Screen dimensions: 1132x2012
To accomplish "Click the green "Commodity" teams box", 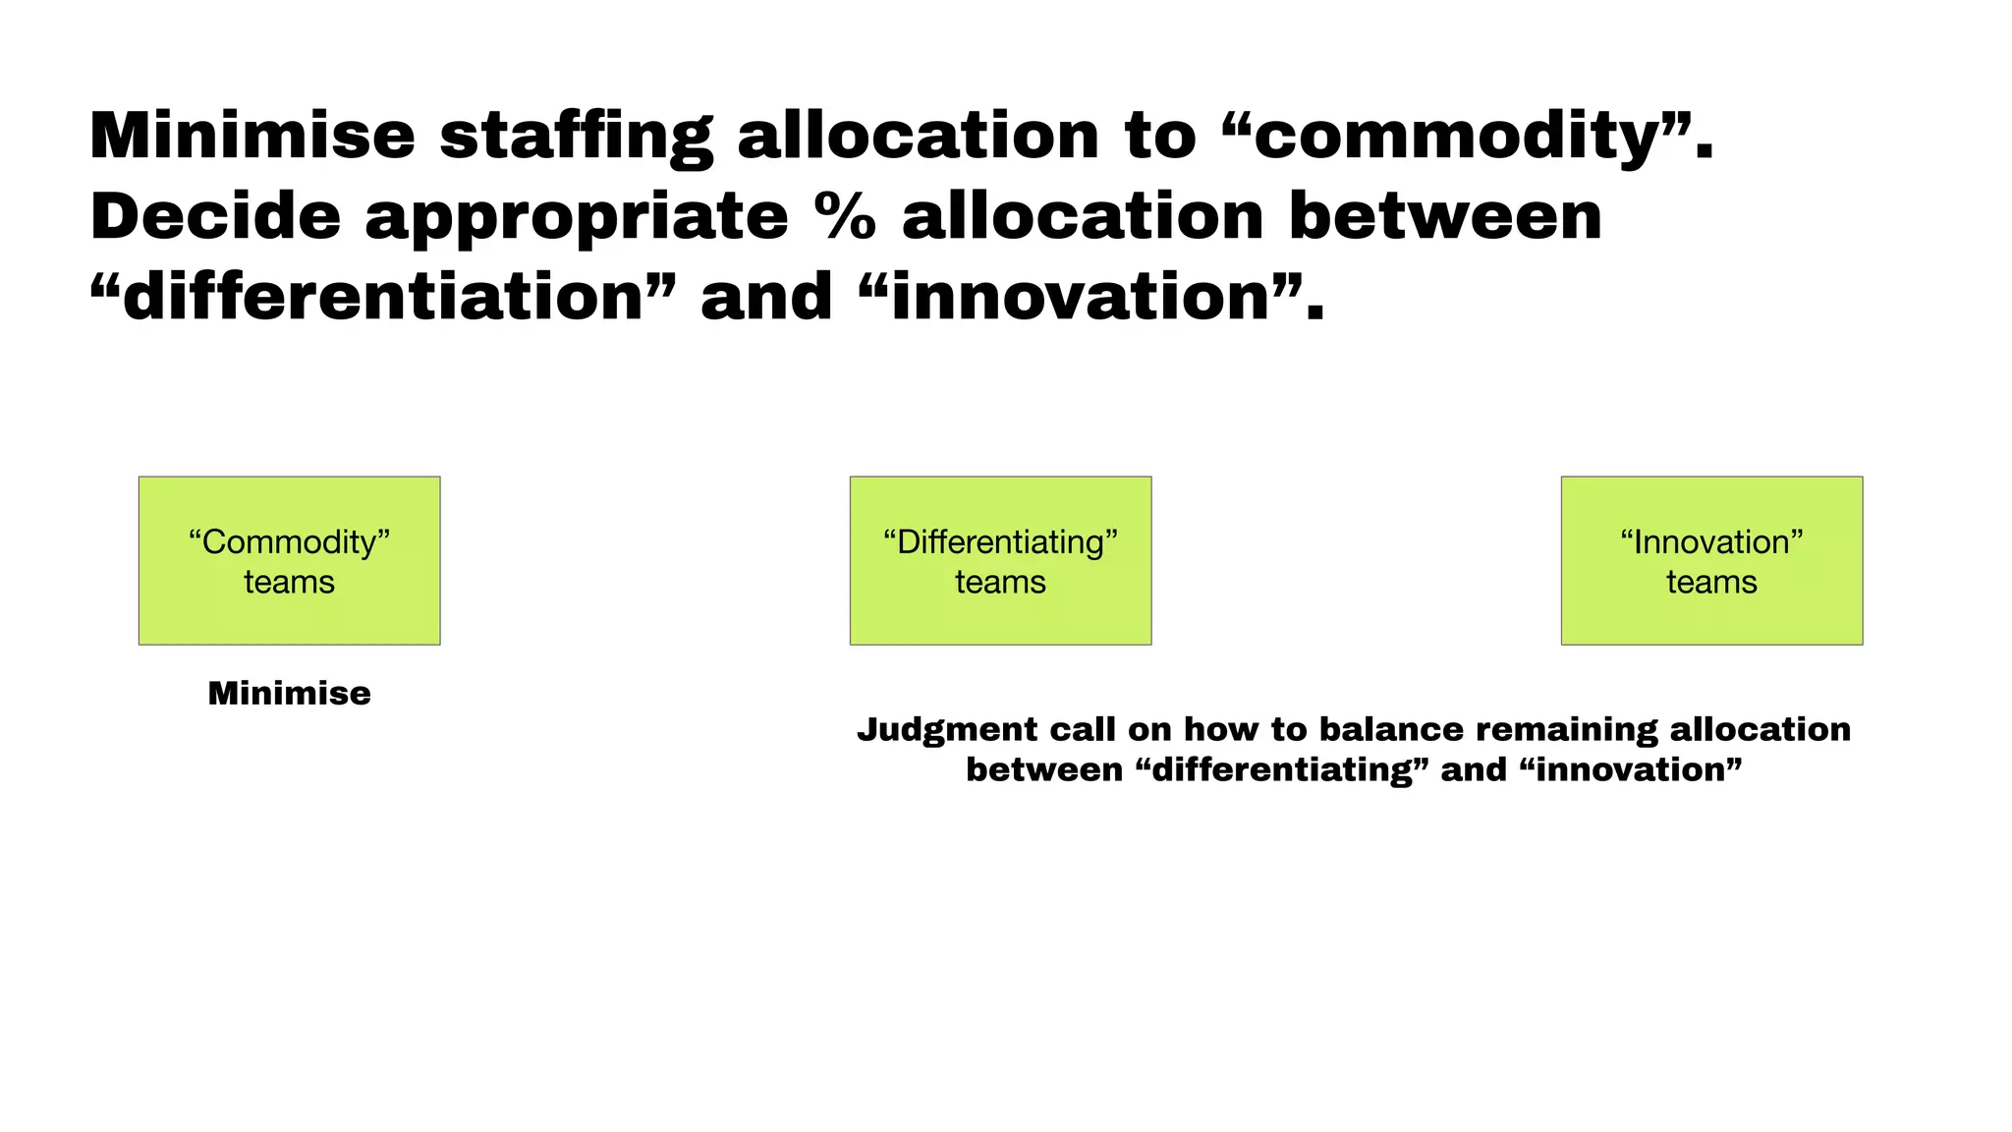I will pyautogui.click(x=289, y=560).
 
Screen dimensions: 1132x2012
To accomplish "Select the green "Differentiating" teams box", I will pyautogui.click(x=1000, y=560).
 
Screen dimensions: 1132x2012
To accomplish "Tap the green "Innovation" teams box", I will pyautogui.click(x=1711, y=560).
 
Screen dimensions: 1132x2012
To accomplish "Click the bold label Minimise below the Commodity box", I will pyautogui.click(x=289, y=694).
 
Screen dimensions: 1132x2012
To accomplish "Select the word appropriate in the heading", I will pyautogui.click(x=577, y=218).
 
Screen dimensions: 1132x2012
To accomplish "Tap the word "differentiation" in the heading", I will pyautogui.click(x=383, y=297).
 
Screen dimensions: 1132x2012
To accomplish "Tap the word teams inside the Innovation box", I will pyautogui.click(x=1711, y=582).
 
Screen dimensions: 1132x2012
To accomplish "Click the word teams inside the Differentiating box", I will pyautogui.click(x=1000, y=582).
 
